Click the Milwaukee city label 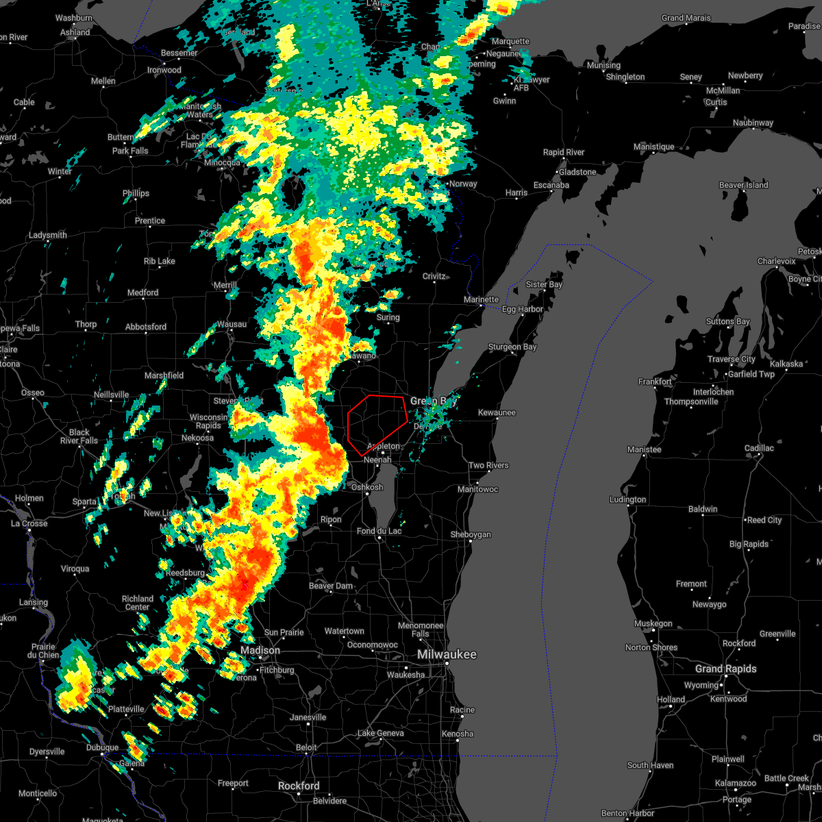click(447, 654)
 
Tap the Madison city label click(260, 650)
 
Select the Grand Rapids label click(725, 669)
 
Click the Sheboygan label click(471, 534)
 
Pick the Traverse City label click(732, 359)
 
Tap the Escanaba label click(551, 185)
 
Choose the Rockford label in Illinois click(299, 786)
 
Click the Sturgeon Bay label click(512, 347)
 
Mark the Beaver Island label click(743, 185)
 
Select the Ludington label click(627, 499)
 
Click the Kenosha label click(458, 734)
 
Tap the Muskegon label click(653, 623)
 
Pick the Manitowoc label click(477, 489)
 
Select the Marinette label click(481, 299)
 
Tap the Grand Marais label click(686, 18)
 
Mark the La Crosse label click(29, 523)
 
